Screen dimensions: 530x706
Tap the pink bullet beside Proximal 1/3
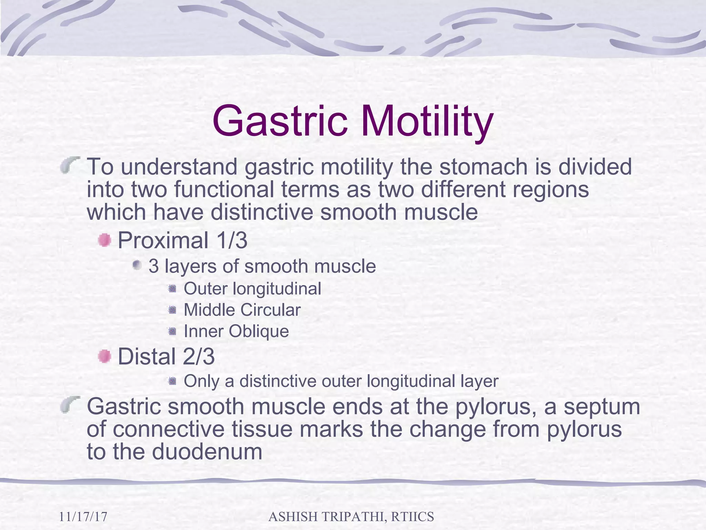click(x=104, y=240)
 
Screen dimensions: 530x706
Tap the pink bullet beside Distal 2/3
click(x=104, y=356)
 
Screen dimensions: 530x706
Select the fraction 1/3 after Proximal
click(x=232, y=240)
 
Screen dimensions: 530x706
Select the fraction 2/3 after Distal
click(x=199, y=356)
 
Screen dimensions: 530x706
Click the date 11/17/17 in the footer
click(x=83, y=517)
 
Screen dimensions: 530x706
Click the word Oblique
click(x=259, y=332)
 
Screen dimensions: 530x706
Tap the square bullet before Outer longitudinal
click(x=172, y=288)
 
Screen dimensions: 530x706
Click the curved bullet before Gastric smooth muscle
click(x=70, y=404)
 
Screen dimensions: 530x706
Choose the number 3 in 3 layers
click(x=153, y=266)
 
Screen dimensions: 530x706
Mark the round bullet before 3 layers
click(x=137, y=265)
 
